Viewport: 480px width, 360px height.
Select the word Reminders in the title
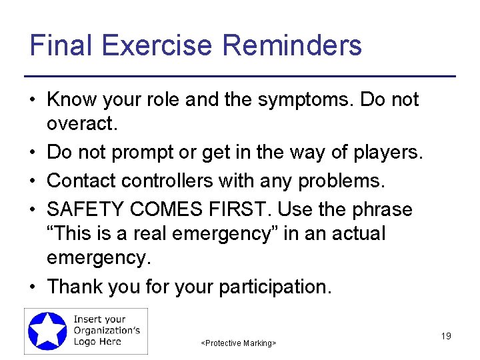pyautogui.click(x=292, y=45)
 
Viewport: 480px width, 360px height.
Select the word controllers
pyautogui.click(x=176, y=181)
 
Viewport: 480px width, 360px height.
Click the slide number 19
pyautogui.click(x=446, y=336)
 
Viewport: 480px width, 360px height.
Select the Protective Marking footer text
pyautogui.click(x=239, y=343)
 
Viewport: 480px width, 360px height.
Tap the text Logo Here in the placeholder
pyautogui.click(x=97, y=342)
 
